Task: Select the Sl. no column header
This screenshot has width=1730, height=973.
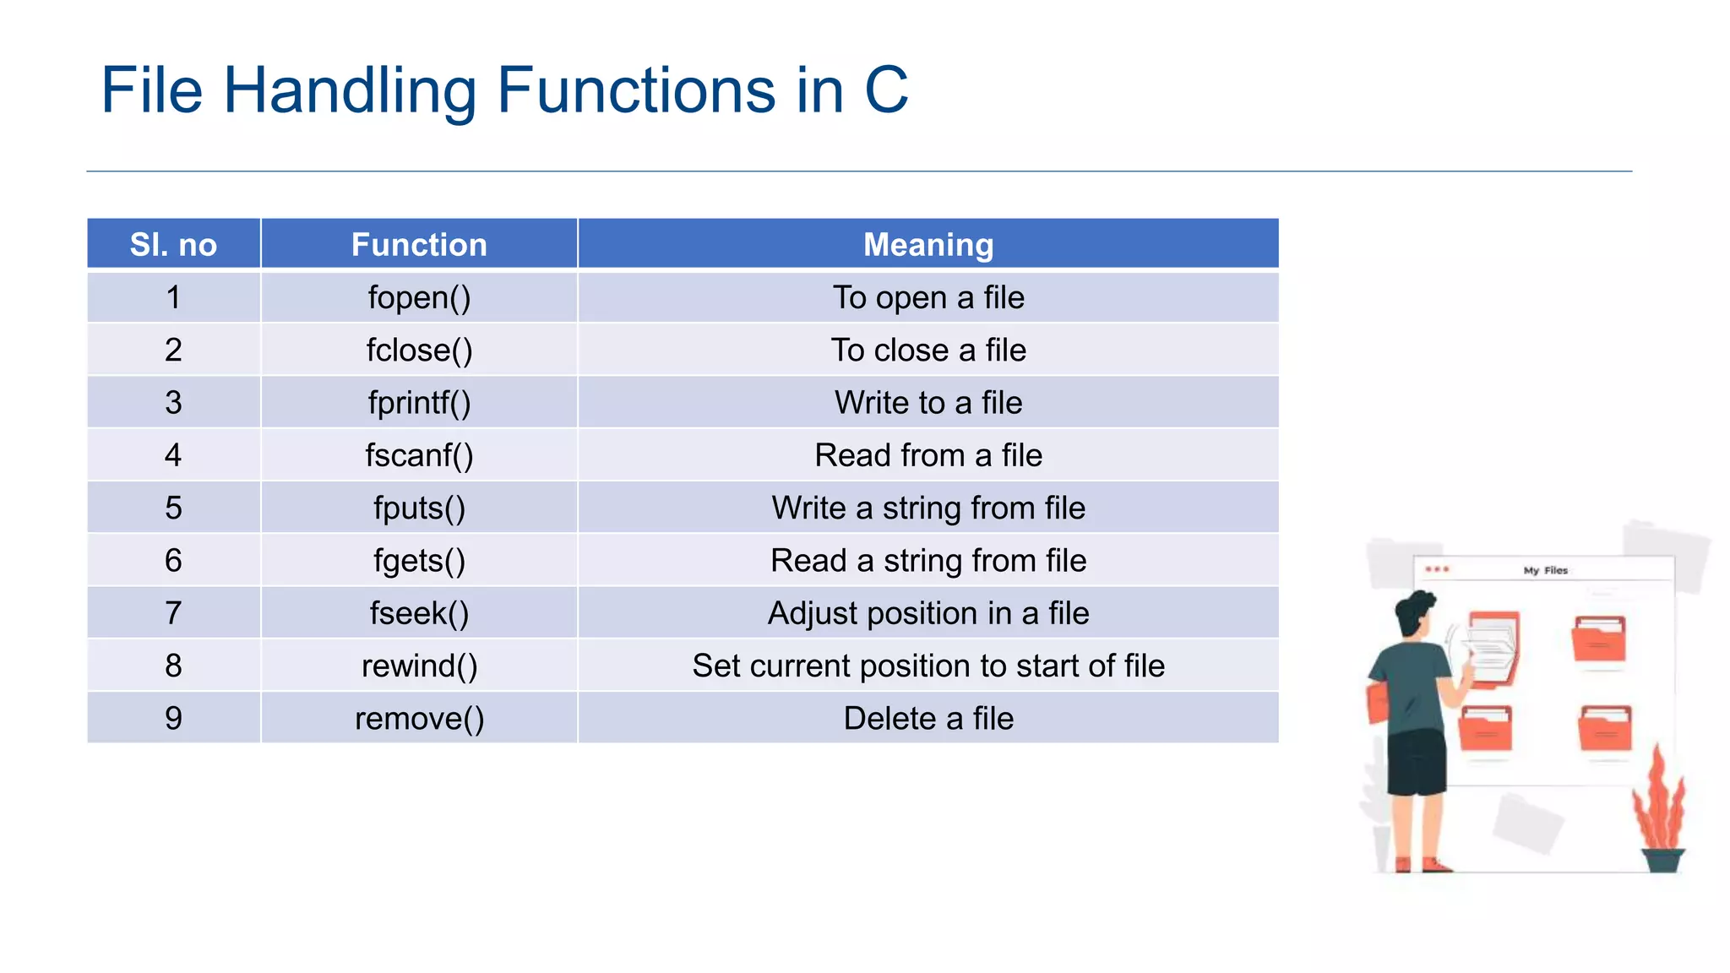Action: (173, 245)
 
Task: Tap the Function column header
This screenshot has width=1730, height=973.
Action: (419, 245)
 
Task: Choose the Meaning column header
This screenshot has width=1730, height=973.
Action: (928, 245)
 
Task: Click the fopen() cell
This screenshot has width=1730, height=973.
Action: (419, 297)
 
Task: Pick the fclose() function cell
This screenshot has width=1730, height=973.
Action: (419, 350)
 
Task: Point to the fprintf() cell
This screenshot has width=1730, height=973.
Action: (419, 403)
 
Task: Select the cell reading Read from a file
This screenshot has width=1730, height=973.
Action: (928, 455)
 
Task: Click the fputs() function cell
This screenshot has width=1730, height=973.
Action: (419, 508)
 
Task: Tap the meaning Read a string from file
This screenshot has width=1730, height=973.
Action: (928, 561)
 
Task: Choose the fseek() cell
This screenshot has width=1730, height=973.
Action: (419, 613)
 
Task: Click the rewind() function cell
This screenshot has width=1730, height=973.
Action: (419, 666)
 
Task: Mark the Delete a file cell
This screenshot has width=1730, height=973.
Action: (928, 718)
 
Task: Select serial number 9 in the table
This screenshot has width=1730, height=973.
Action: (173, 718)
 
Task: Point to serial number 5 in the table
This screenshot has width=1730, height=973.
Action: (173, 508)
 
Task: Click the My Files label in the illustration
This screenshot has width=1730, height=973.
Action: (1545, 571)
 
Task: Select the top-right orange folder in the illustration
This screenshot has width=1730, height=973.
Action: (1598, 639)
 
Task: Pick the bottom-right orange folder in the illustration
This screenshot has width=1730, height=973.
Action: (1605, 728)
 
